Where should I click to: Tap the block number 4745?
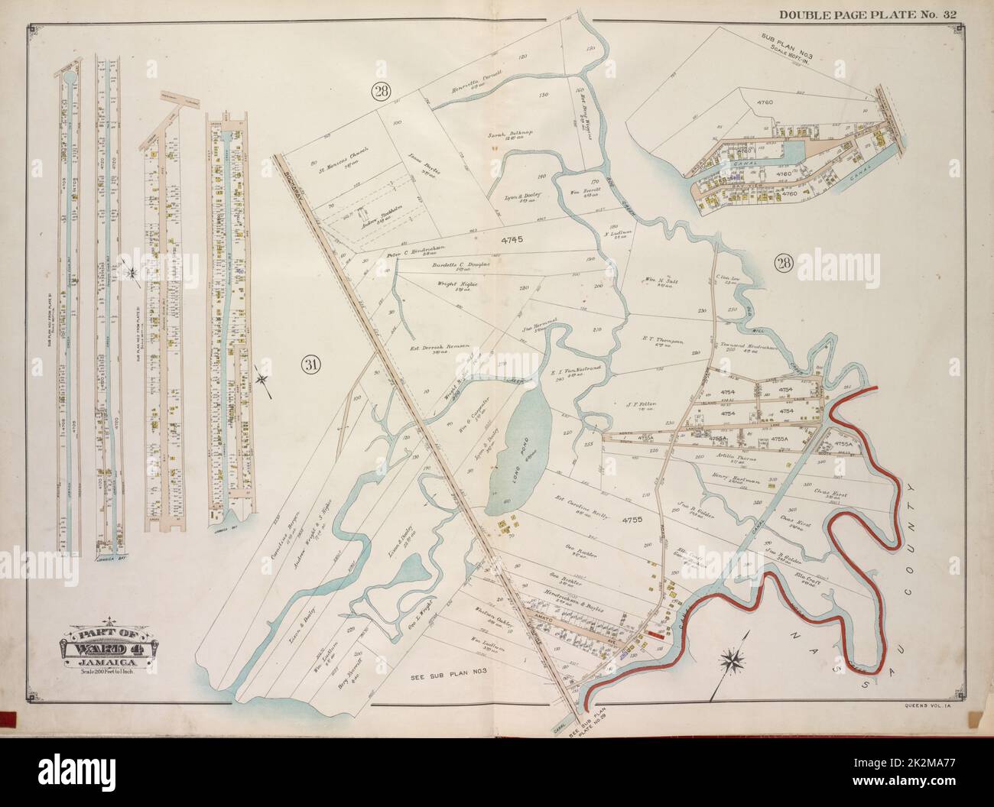(511, 239)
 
